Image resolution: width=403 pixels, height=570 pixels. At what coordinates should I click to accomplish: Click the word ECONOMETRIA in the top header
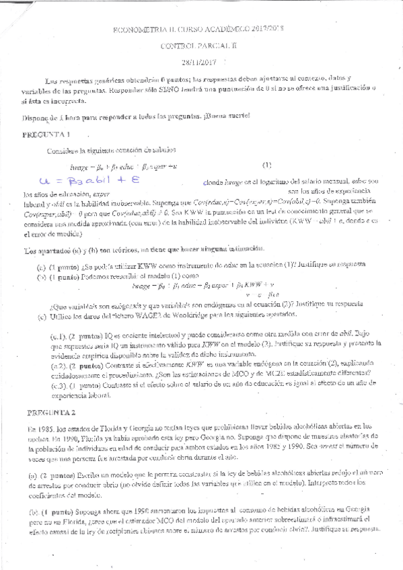click(x=137, y=30)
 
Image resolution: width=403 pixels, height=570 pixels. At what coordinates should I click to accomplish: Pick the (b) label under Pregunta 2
click(x=33, y=512)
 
